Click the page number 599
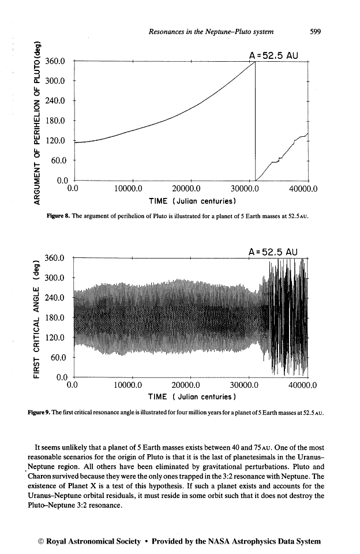[x=314, y=32]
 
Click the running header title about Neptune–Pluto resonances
[x=211, y=32]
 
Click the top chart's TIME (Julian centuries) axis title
[x=193, y=201]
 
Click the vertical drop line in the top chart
[x=255, y=121]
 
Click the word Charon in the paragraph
[x=47, y=476]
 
